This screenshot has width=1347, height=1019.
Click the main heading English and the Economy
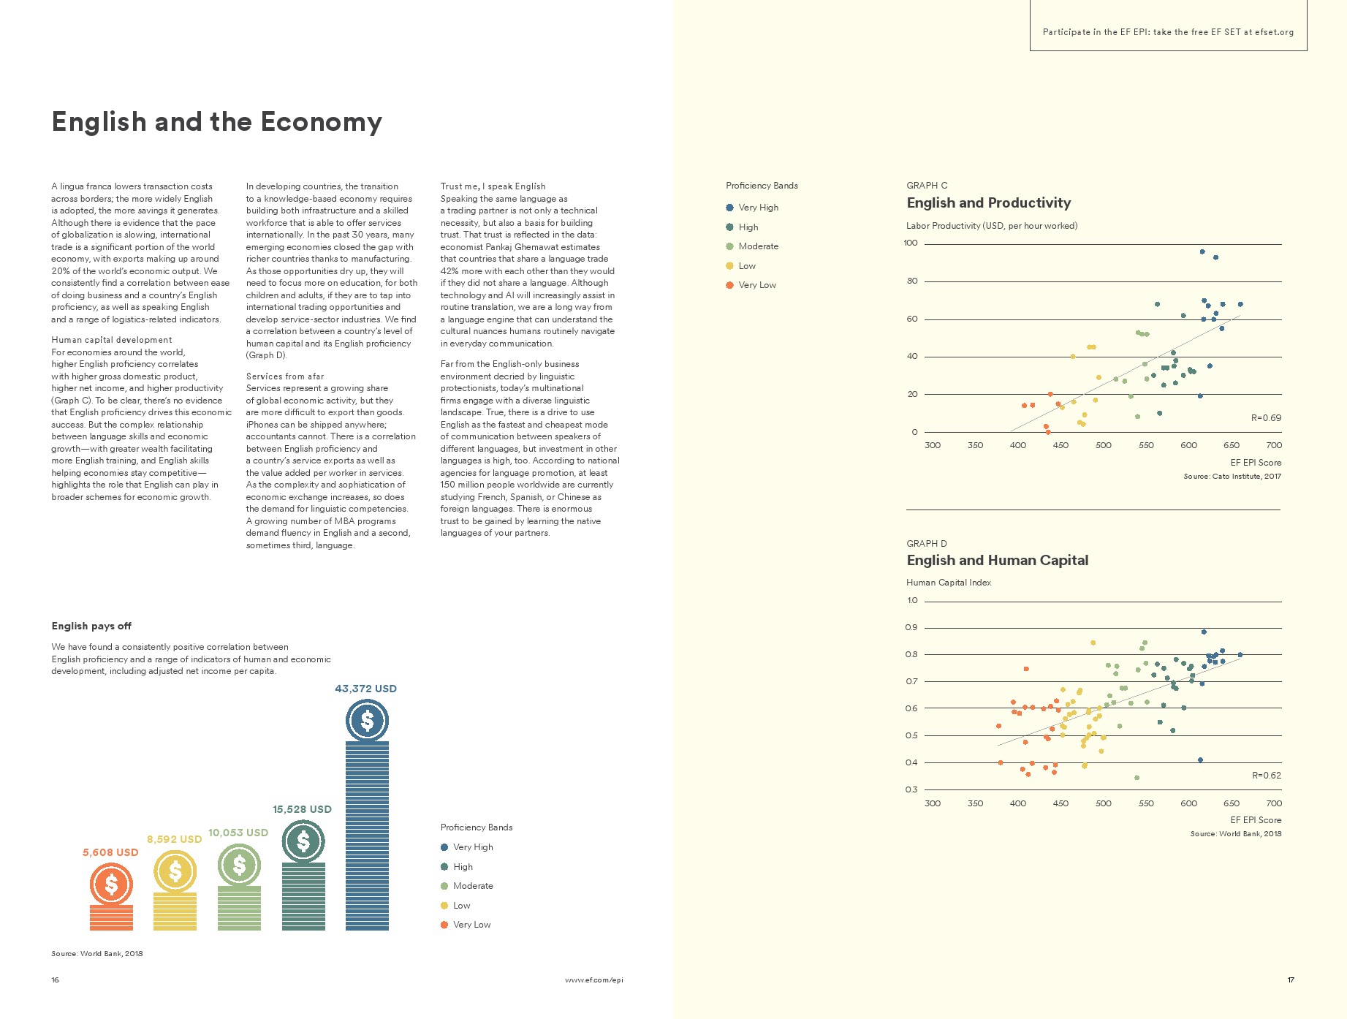click(x=216, y=122)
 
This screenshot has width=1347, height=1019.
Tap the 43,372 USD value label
click(x=365, y=689)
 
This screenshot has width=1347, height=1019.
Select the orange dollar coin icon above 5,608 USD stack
click(x=111, y=884)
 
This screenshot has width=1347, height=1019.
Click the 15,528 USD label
click(x=302, y=809)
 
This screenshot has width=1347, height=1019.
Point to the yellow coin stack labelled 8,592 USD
click(x=175, y=911)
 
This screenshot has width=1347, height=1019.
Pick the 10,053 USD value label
click(x=238, y=833)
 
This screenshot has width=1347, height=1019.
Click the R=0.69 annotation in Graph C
click(x=1266, y=418)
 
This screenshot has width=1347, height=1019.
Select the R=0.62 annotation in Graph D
click(x=1266, y=776)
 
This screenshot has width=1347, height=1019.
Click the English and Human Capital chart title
click(x=997, y=561)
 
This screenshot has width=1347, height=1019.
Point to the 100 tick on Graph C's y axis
click(x=911, y=243)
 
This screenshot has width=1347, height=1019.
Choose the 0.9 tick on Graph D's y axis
click(x=911, y=628)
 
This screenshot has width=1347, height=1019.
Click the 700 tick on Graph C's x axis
click(x=1274, y=445)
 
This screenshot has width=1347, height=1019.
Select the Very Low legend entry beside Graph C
click(x=756, y=285)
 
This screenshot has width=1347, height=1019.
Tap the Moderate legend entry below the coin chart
click(x=472, y=886)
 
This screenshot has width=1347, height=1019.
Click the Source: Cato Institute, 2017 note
click(x=1232, y=477)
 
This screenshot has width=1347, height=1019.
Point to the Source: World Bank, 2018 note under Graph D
click(x=1235, y=834)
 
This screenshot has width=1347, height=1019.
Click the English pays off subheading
click(x=91, y=626)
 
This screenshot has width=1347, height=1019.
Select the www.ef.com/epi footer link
click(x=593, y=980)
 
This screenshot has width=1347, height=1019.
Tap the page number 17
click(x=1291, y=980)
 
